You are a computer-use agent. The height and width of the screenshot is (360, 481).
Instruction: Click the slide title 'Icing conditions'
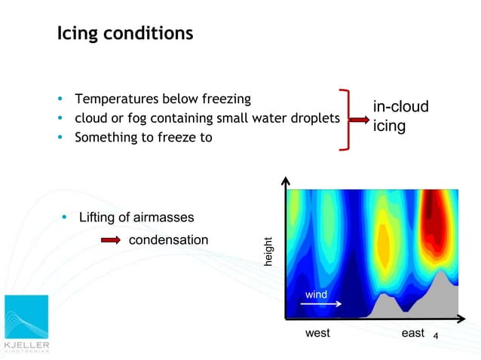tap(125, 34)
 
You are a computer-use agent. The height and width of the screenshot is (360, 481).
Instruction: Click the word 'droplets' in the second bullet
tap(315, 118)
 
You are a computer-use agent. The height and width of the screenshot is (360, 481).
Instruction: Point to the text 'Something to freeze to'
tap(143, 137)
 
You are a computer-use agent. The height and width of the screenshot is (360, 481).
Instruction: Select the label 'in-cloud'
tap(400, 107)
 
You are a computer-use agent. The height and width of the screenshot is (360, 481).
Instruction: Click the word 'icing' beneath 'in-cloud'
tap(389, 127)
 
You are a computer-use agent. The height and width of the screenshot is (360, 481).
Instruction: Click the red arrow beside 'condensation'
tap(111, 240)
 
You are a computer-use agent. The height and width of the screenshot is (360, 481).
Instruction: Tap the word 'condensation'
tap(169, 239)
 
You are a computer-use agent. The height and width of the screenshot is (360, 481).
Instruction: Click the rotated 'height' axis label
tap(268, 252)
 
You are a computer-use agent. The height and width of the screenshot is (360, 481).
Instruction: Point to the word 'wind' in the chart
tap(316, 294)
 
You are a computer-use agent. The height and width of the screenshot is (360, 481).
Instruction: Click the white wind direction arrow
tap(321, 304)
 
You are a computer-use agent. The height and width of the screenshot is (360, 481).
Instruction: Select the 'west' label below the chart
tap(317, 333)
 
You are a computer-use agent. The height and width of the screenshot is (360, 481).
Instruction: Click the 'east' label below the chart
tap(413, 333)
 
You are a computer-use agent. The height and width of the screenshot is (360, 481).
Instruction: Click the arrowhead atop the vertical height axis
tap(286, 182)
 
